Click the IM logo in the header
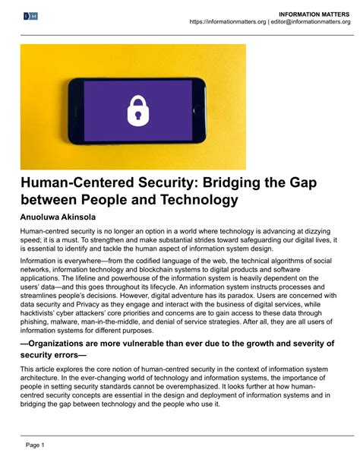[31, 16]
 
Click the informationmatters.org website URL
[227, 22]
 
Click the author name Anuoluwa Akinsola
[63, 217]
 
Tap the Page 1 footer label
[36, 444]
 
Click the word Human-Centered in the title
[69, 185]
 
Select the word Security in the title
[152, 185]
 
